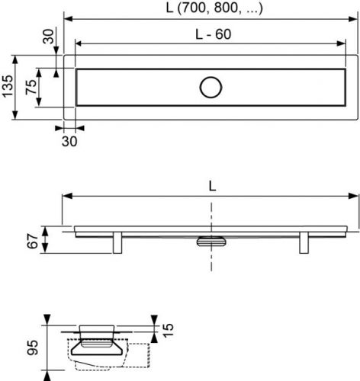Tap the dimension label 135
(8, 86)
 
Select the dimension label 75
(31, 87)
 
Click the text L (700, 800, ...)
(214, 8)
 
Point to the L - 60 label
(214, 34)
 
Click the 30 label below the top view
(69, 141)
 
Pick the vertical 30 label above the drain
(48, 37)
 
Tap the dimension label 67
(33, 241)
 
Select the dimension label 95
(33, 347)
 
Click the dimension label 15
(168, 330)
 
